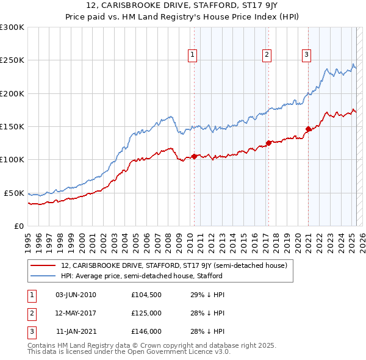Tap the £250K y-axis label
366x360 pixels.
(12, 60)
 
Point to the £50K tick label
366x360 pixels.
(14, 193)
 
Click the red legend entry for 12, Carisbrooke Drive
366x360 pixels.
(178, 265)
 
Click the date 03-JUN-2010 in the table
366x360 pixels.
(76, 295)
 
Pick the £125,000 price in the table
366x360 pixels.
(146, 313)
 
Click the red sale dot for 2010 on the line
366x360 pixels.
(194, 156)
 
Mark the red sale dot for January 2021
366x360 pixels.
(309, 129)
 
